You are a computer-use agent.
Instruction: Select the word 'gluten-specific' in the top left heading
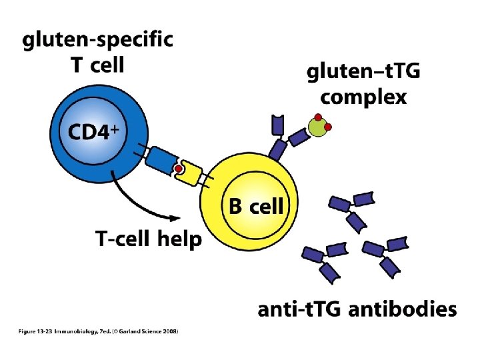tap(98, 41)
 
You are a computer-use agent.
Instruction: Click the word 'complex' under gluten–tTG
tap(363, 97)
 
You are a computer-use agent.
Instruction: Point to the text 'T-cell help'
tap(149, 239)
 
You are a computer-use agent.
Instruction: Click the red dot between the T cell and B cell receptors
tap(179, 169)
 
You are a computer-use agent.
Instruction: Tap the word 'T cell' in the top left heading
tap(97, 65)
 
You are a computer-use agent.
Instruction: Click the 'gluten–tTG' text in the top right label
tap(363, 73)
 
